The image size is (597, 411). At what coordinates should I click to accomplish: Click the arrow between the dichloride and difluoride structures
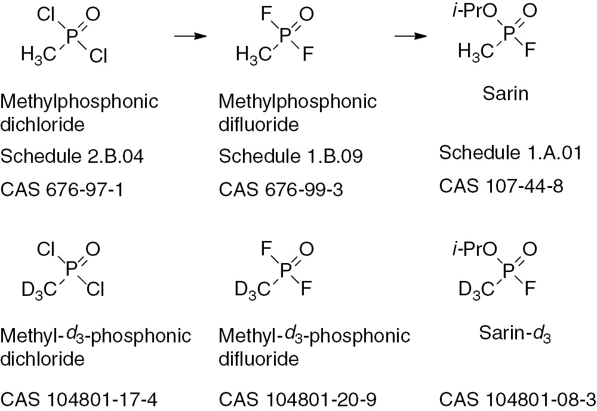click(190, 36)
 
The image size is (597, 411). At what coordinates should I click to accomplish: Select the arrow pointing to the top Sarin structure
click(411, 36)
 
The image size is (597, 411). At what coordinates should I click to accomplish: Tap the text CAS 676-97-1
click(62, 190)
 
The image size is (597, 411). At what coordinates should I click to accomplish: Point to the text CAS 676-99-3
click(281, 190)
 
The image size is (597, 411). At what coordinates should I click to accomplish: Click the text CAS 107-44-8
click(501, 186)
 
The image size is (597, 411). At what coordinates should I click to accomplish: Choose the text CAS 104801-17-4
click(79, 400)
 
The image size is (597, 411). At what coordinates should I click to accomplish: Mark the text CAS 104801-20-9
click(298, 400)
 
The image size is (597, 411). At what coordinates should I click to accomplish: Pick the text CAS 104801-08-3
click(518, 400)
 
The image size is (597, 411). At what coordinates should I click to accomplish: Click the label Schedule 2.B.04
click(72, 156)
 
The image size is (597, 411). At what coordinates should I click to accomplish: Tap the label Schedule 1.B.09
click(291, 156)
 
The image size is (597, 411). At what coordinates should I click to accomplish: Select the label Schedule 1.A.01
click(510, 153)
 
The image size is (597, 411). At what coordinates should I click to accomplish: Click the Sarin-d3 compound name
click(515, 333)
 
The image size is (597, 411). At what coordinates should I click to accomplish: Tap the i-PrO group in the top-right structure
click(475, 11)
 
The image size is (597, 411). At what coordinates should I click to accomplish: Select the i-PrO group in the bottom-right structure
click(475, 249)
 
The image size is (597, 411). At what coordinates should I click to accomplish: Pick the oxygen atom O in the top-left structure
click(93, 14)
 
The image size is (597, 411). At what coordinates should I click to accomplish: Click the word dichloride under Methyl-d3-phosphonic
click(42, 359)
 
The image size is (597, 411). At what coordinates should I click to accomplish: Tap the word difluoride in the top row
click(259, 124)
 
